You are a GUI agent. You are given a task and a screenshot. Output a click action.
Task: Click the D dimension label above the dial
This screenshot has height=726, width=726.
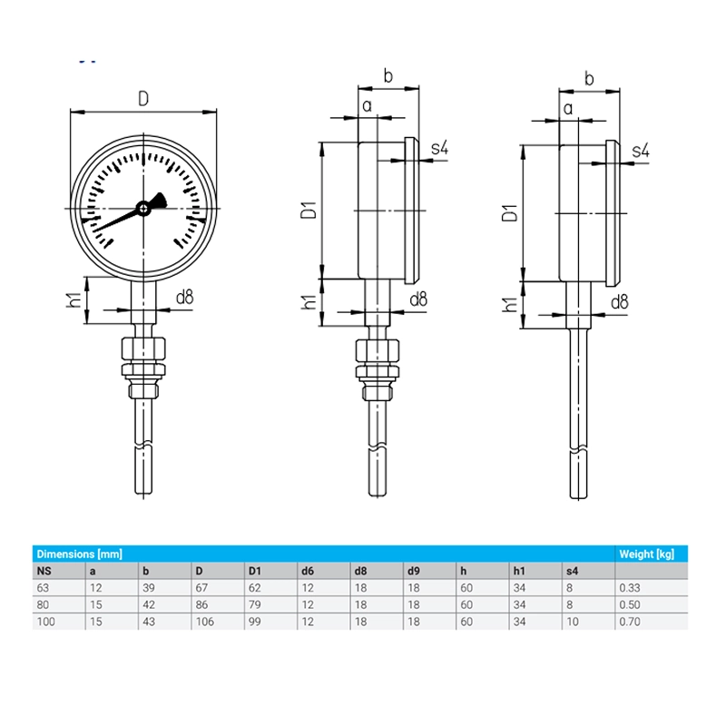click(x=143, y=99)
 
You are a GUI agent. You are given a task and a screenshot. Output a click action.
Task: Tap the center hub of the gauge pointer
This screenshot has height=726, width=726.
click(x=143, y=209)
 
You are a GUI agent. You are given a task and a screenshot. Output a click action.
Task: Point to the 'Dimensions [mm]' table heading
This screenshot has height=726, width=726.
click(x=79, y=554)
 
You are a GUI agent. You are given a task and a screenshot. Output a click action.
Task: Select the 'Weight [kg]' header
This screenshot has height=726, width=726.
click(x=646, y=554)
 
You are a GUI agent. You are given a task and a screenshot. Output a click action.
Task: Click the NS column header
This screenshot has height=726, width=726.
click(x=44, y=571)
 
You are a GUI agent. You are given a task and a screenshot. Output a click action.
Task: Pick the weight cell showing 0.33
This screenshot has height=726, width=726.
click(x=629, y=588)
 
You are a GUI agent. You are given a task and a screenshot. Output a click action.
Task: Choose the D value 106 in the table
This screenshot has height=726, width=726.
click(x=205, y=622)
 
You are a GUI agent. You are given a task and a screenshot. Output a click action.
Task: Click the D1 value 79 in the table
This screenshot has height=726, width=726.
click(x=255, y=604)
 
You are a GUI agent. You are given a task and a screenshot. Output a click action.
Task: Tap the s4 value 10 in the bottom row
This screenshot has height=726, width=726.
click(x=573, y=622)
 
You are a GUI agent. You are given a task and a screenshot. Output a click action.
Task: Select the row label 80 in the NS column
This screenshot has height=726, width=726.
click(x=43, y=604)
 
